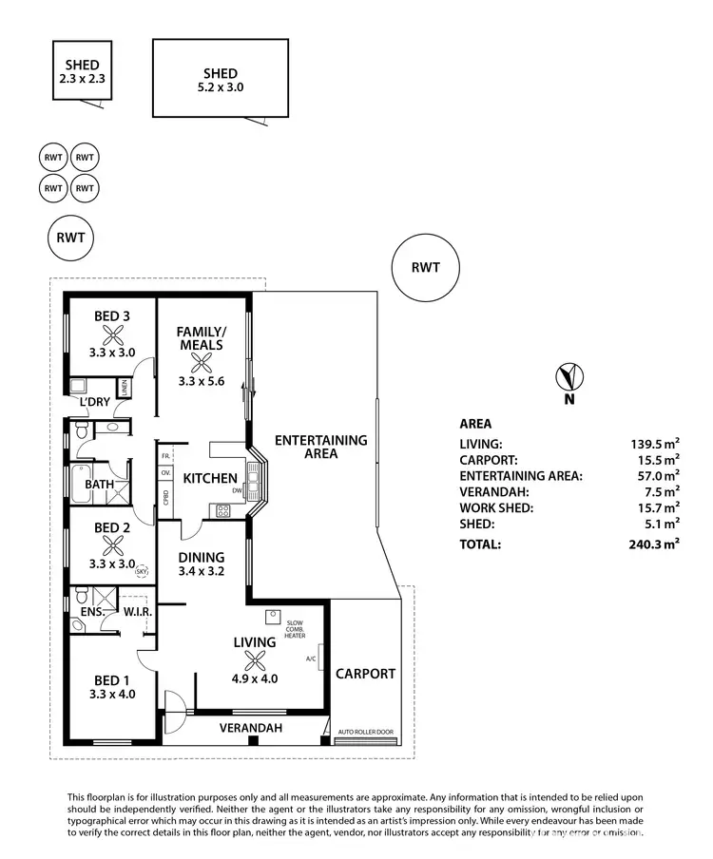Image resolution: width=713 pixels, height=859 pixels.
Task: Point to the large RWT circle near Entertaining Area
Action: pos(425,267)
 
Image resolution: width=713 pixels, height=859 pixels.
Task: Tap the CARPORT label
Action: pos(365,674)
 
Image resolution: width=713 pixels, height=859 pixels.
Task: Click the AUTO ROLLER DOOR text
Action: pos(365,733)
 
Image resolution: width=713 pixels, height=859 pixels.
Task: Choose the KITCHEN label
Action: pos(209,477)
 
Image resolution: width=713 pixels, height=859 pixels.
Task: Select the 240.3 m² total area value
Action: pos(657,544)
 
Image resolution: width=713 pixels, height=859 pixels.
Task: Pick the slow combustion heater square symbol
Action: pos(272,615)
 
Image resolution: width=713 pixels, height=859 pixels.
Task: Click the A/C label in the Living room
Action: pos(310,658)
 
